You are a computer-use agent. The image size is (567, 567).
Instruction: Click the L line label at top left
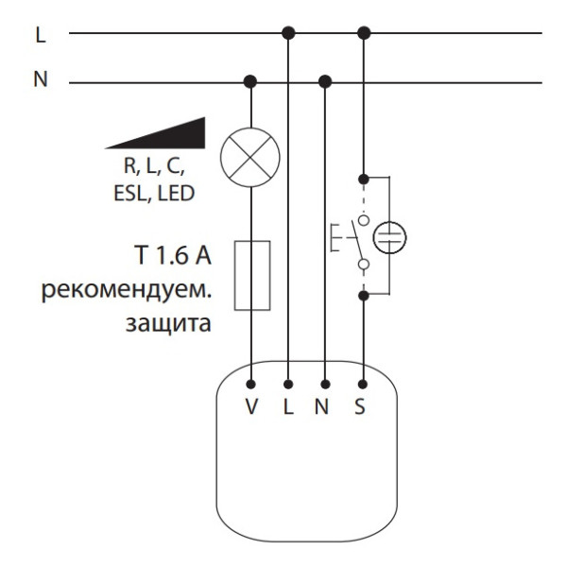(40, 35)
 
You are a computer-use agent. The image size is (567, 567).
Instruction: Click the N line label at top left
(40, 80)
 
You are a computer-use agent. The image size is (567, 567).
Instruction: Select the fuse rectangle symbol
(251, 275)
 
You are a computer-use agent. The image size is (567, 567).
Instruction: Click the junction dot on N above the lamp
(251, 81)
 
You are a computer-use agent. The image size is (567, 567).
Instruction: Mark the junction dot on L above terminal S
(364, 34)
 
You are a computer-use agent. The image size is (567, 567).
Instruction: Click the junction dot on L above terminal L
(289, 34)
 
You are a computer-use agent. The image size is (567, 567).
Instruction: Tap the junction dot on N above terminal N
(326, 81)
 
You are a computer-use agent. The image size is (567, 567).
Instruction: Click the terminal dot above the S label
(364, 385)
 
